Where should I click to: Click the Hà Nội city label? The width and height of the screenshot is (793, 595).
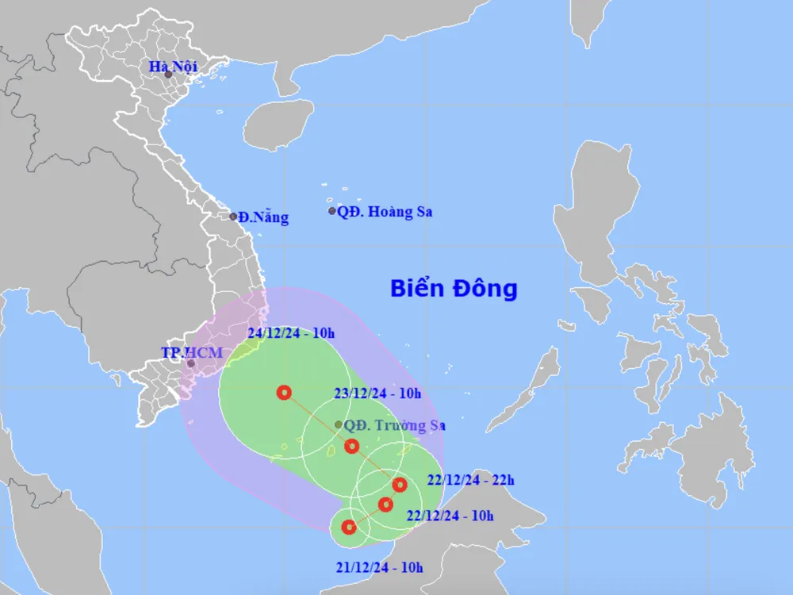point(173,67)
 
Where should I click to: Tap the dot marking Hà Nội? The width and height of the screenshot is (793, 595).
point(168,75)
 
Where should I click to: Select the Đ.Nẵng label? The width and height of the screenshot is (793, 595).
point(263,217)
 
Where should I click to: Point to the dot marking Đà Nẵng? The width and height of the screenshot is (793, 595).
point(233,216)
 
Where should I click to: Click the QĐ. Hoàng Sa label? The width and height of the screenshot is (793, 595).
point(385,212)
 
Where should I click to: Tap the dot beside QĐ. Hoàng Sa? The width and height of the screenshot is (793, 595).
point(332,211)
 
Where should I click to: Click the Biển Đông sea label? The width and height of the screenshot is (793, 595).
point(454,288)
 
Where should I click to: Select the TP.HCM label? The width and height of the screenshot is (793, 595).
point(193,351)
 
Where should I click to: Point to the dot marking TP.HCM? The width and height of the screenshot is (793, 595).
point(190,363)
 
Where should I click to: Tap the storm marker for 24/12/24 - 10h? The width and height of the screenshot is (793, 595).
point(284,392)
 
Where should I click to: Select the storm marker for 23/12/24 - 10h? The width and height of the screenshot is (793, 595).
point(352,446)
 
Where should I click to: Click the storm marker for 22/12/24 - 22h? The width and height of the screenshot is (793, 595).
point(400,484)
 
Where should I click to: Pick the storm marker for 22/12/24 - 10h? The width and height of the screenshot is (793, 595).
point(386,504)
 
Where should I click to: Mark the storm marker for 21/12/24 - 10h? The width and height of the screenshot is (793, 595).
point(348,527)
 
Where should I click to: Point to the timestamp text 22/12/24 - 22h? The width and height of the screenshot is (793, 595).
point(470,479)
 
